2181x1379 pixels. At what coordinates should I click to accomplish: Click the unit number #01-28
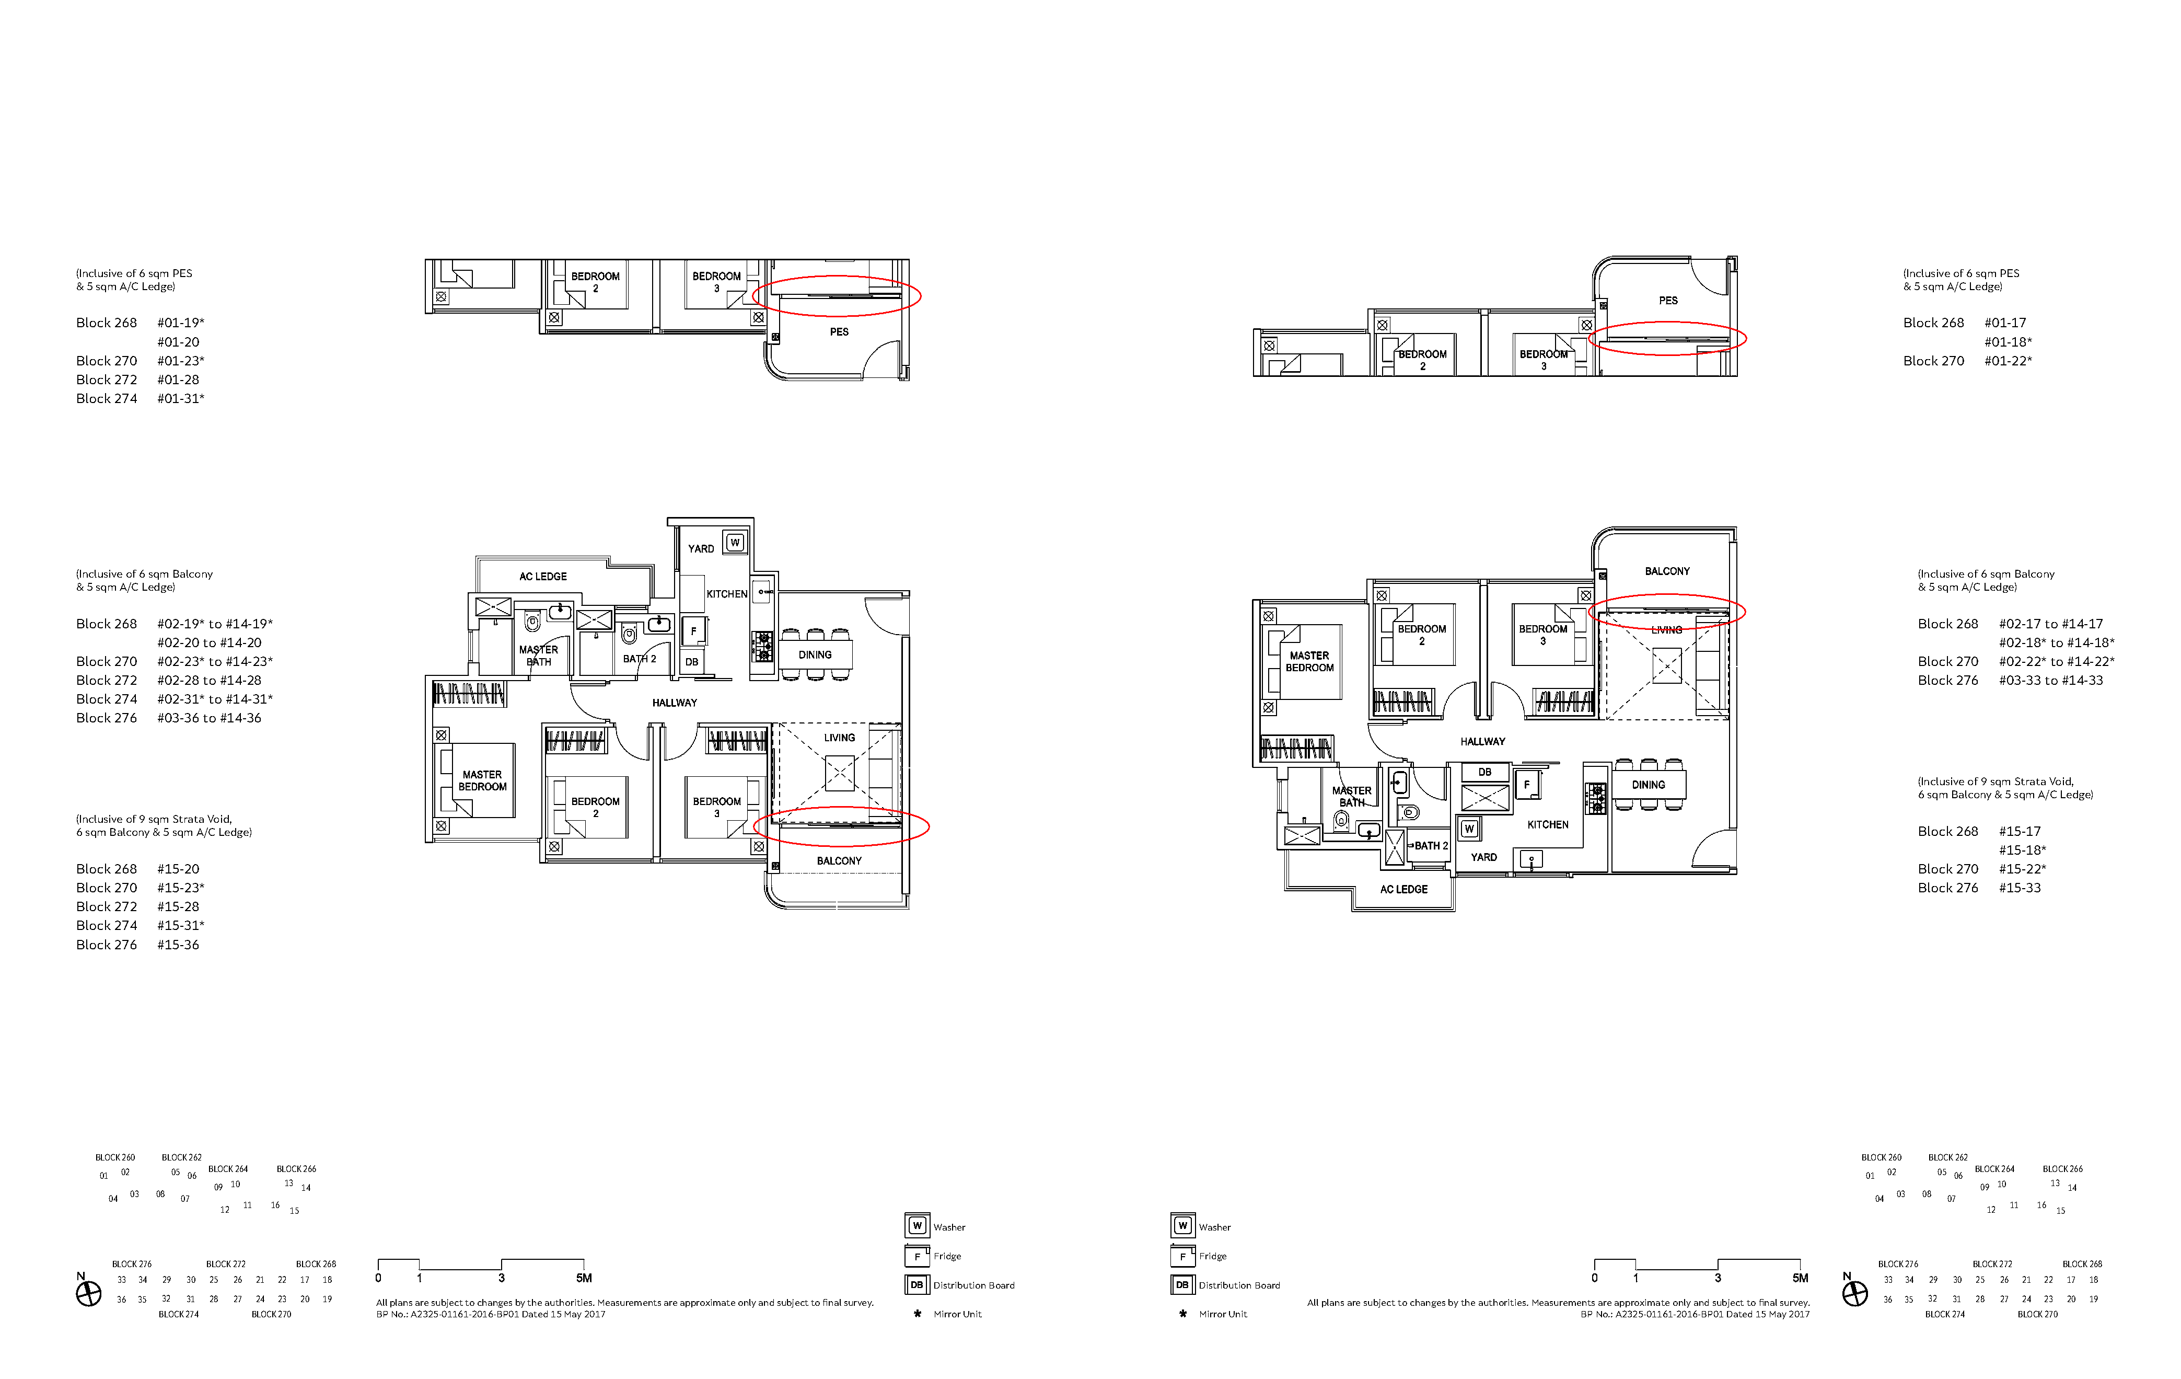(x=178, y=380)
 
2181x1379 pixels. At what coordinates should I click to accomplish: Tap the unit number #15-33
(x=2020, y=888)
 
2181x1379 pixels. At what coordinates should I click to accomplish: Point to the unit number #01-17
(x=2005, y=323)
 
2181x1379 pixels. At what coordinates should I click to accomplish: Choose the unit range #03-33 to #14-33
(x=2050, y=681)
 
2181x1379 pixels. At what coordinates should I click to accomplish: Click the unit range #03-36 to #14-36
(x=209, y=718)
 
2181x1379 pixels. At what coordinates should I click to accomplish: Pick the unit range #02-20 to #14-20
(x=209, y=642)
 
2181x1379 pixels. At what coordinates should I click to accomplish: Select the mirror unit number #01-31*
(x=181, y=399)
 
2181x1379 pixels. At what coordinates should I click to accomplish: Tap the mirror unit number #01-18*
(x=2008, y=341)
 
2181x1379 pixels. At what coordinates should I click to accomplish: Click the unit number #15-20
(x=178, y=869)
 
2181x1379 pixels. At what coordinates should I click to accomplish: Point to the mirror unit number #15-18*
(x=2023, y=850)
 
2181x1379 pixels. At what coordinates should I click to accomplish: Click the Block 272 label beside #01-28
(x=107, y=380)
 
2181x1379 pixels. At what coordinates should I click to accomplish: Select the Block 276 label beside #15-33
(x=1948, y=888)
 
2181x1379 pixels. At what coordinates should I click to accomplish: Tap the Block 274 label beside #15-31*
(x=107, y=925)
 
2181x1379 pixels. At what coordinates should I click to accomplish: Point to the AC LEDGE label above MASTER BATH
(x=543, y=576)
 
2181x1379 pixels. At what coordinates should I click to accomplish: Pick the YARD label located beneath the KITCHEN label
(x=1483, y=857)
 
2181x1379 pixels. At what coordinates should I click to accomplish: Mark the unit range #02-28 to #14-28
(x=209, y=681)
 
